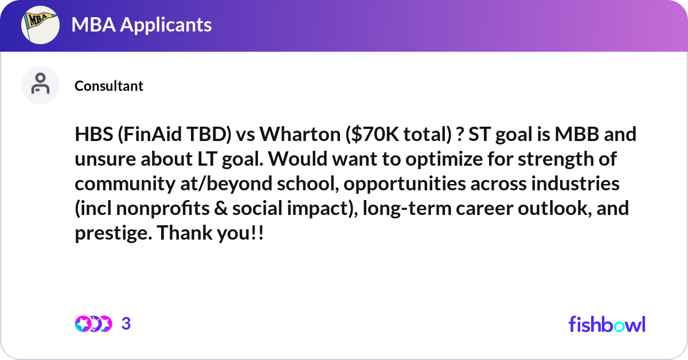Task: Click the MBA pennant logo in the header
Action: [x=41, y=25]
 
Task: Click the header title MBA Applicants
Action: [x=142, y=25]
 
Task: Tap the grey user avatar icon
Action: [x=40, y=85]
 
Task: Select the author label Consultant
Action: [x=109, y=86]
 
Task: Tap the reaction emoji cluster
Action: [x=93, y=324]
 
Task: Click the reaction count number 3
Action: [x=126, y=324]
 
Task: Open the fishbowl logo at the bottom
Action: [x=607, y=324]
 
